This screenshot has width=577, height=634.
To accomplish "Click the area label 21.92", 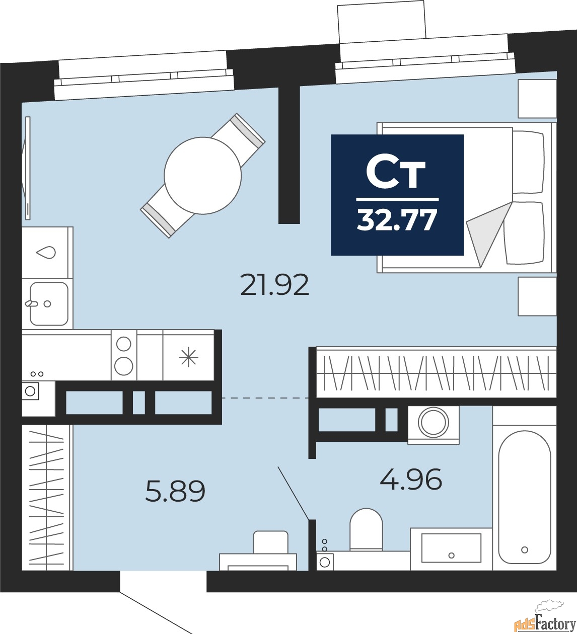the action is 274,285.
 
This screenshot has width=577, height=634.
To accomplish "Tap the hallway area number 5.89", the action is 175,491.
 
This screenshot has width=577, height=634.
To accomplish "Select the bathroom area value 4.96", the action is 411,479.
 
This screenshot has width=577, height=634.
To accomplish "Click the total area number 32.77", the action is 397,220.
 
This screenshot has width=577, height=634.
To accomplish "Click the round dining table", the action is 203,176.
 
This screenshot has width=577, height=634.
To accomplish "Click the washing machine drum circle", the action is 434,422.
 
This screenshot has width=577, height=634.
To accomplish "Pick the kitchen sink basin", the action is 49,304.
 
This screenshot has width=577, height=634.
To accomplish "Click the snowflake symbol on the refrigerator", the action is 188,358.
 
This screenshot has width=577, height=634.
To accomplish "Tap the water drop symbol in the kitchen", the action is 46,253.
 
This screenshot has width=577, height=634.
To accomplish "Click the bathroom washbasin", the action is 451,548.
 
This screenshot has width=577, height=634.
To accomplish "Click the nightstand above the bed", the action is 537,99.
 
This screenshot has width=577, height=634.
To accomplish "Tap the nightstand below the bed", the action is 537,296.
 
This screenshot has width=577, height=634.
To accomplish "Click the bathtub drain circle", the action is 525,550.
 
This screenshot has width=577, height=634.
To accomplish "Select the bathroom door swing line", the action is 293,493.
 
